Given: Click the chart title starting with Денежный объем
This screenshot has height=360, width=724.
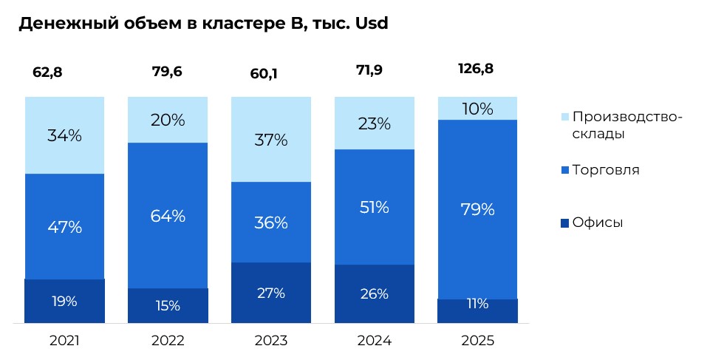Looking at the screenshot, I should pyautogui.click(x=203, y=24).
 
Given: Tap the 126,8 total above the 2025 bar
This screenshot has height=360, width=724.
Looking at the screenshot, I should pyautogui.click(x=477, y=69).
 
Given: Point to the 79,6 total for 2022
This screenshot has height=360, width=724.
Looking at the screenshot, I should pyautogui.click(x=167, y=72).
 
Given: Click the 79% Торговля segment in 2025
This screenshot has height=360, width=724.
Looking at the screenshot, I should pyautogui.click(x=477, y=209).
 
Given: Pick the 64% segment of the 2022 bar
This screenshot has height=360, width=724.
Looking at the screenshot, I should pyautogui.click(x=168, y=216).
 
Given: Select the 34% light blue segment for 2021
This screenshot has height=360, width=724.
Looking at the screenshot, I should pyautogui.click(x=64, y=135).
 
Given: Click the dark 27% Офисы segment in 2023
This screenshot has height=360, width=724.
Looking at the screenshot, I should pyautogui.click(x=270, y=293).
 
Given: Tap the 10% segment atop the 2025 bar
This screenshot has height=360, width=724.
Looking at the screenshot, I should pyautogui.click(x=477, y=109).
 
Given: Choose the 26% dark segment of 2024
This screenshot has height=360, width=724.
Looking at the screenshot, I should pyautogui.click(x=374, y=293).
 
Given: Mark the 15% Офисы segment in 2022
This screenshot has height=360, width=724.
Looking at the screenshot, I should pyautogui.click(x=168, y=305).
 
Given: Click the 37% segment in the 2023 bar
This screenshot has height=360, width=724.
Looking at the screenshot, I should pyautogui.click(x=270, y=140).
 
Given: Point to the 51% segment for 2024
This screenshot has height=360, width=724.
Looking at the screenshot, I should pyautogui.click(x=374, y=207).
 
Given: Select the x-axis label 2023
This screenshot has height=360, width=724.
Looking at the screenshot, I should pyautogui.click(x=270, y=341).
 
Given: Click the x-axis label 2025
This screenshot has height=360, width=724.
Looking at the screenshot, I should pyautogui.click(x=477, y=341).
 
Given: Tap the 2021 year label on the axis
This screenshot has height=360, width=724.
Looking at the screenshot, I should pyautogui.click(x=64, y=341).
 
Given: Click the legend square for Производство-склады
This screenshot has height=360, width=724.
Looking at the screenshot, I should pyautogui.click(x=565, y=118).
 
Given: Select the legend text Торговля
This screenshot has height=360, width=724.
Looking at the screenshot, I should pyautogui.click(x=606, y=170).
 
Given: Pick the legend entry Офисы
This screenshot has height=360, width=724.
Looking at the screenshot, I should pyautogui.click(x=598, y=223).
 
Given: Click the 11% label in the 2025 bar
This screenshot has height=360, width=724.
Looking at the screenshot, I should pyautogui.click(x=477, y=303).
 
